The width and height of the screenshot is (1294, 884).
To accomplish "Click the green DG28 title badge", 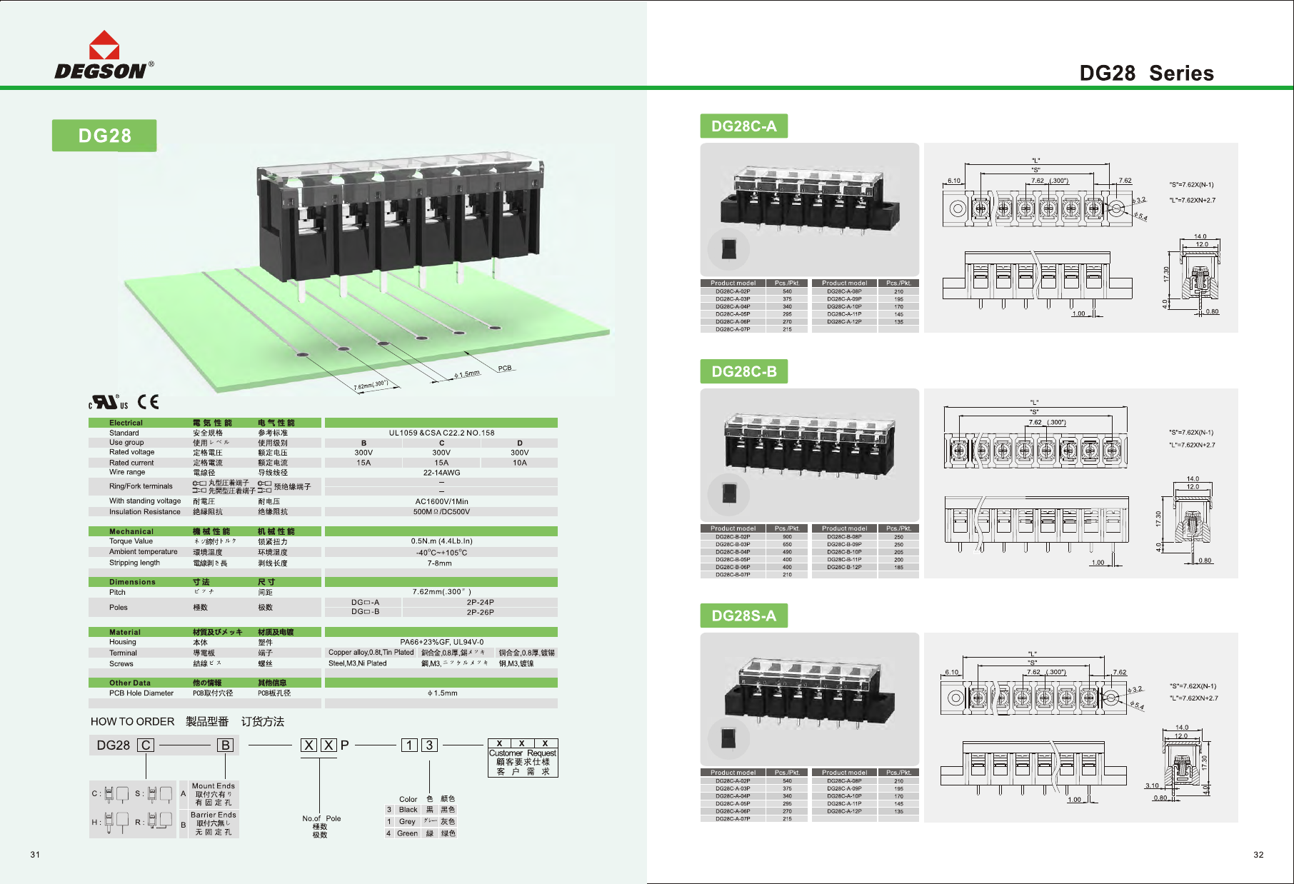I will [x=104, y=136].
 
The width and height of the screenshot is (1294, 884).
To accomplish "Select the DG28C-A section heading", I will [x=743, y=126].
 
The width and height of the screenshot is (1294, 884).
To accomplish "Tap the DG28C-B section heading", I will [x=743, y=371].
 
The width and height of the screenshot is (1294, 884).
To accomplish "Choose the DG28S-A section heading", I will [x=743, y=616].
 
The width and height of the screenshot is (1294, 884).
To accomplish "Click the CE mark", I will [x=149, y=402].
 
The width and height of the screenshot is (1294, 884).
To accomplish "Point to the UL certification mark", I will [x=108, y=403].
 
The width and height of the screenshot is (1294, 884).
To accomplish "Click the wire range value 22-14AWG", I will [x=441, y=473].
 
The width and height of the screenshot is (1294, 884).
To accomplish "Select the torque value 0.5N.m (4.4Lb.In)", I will [x=441, y=541].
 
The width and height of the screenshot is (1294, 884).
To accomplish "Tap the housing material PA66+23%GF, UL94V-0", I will [x=441, y=642].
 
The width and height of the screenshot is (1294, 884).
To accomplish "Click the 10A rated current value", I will [x=519, y=463].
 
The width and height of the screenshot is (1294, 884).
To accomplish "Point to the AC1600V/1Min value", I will [x=441, y=501].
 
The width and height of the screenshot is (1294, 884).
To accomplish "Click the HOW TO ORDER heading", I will [x=133, y=722].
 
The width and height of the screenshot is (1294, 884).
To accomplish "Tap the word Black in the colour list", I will [x=408, y=810].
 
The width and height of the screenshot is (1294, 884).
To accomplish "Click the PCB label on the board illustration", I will [x=505, y=368].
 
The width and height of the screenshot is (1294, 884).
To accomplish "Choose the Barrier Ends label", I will [x=213, y=815].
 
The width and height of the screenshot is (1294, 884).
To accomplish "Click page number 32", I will [x=1258, y=855].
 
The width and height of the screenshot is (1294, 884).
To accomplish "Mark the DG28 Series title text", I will [x=1146, y=73].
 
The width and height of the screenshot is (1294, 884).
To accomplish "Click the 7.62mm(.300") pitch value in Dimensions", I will [x=441, y=592].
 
